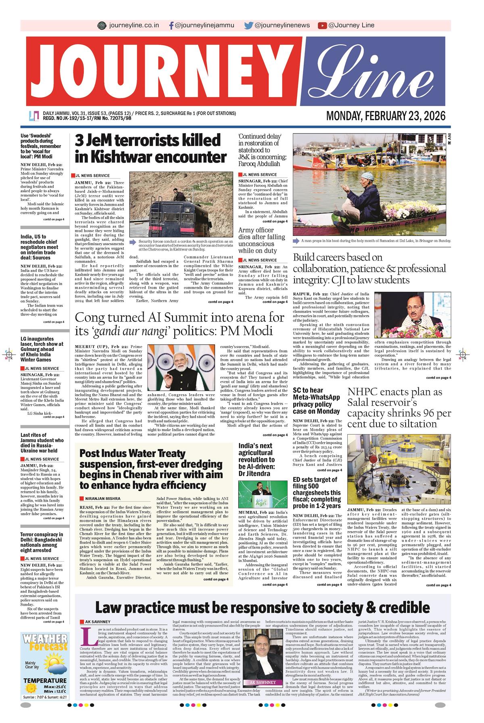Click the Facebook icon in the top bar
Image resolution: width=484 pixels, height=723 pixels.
point(171,25)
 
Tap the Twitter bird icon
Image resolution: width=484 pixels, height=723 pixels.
point(248,25)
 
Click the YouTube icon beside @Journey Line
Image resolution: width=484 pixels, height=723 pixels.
point(322,25)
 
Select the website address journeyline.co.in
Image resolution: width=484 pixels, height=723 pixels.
point(134,25)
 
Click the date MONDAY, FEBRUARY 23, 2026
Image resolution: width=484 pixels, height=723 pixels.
point(386,116)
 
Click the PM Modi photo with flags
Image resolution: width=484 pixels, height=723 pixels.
point(182,368)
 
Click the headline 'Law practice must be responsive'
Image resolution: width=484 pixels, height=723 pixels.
point(262,608)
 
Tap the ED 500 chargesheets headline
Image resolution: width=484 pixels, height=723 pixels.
point(317,493)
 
